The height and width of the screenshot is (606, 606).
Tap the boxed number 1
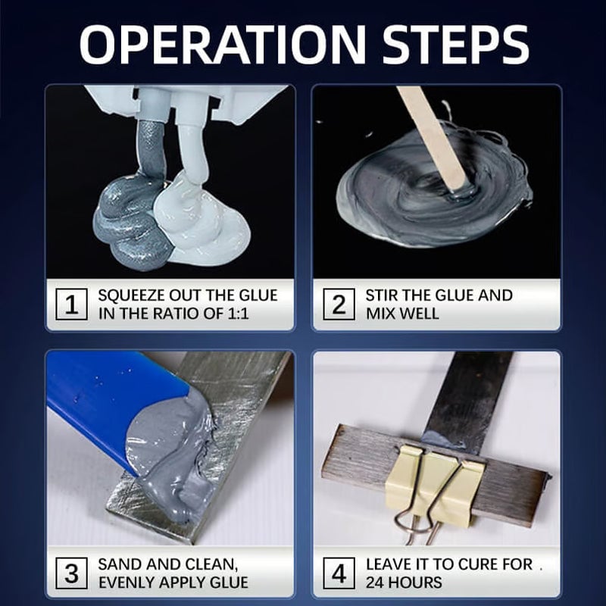pyautogui.click(x=72, y=305)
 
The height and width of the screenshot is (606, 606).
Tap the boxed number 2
pyautogui.click(x=339, y=305)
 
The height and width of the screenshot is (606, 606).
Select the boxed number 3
pyautogui.click(x=72, y=573)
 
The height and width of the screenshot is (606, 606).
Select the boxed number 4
pyautogui.click(x=339, y=573)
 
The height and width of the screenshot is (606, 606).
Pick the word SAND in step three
pyautogui.click(x=120, y=564)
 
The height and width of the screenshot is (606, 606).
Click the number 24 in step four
pyautogui.click(x=377, y=582)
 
